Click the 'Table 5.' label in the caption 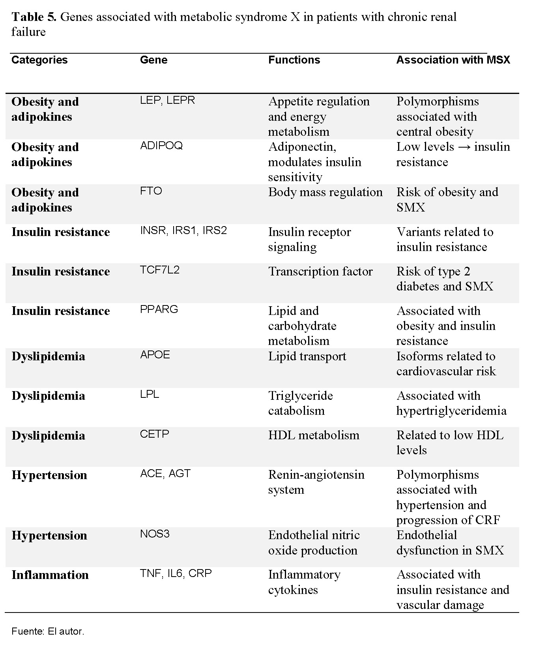point(34,17)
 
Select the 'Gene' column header point(153,60)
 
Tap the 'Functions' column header point(294,60)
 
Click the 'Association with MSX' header point(453,60)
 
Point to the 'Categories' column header point(39,60)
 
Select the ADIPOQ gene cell point(161,146)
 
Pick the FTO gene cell point(151,191)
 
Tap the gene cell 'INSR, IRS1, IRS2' point(183,230)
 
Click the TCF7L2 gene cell point(160,270)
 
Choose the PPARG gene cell point(159,309)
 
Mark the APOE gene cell point(155,355)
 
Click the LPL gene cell point(150,394)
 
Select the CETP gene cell point(155,434)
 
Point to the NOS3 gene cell point(155,534)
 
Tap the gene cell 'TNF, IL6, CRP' point(176,573)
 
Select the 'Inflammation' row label point(50,575)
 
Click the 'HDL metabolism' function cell point(314,435)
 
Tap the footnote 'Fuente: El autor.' point(48,631)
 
